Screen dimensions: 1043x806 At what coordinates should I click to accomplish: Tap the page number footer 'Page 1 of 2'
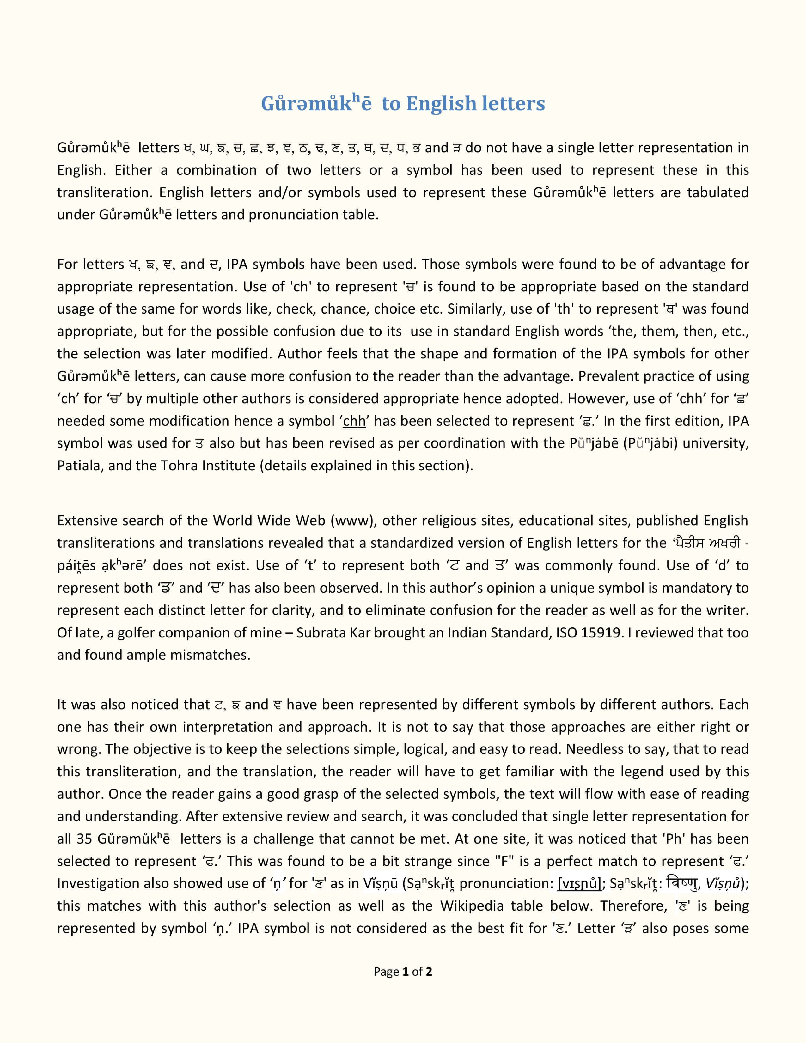(x=402, y=972)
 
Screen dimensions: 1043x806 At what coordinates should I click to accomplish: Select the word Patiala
(x=79, y=466)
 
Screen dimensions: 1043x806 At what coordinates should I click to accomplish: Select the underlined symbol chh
(x=354, y=421)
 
